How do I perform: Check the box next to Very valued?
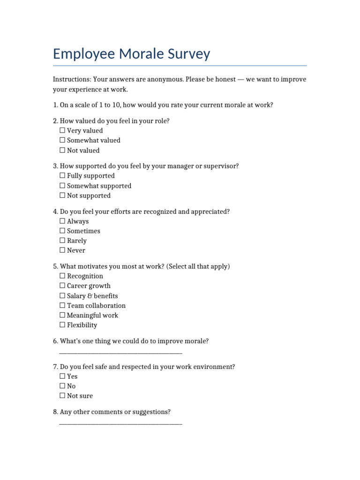click(x=62, y=131)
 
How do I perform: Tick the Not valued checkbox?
click(x=62, y=150)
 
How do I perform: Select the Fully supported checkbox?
click(x=62, y=176)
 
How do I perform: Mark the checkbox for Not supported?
click(x=62, y=195)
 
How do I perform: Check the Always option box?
click(x=62, y=221)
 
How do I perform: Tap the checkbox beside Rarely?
click(x=62, y=240)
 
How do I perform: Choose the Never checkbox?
click(x=62, y=250)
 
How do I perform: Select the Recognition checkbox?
click(x=62, y=276)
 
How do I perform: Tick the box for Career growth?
click(x=62, y=286)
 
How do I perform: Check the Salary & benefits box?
click(x=62, y=296)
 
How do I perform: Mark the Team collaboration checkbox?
click(x=62, y=306)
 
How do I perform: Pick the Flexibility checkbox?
click(x=62, y=325)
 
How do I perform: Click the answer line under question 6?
click(x=121, y=352)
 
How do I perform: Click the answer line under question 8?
click(x=121, y=423)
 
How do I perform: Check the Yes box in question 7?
click(x=62, y=376)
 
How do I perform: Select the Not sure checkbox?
click(x=62, y=396)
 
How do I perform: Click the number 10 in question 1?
click(x=115, y=105)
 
